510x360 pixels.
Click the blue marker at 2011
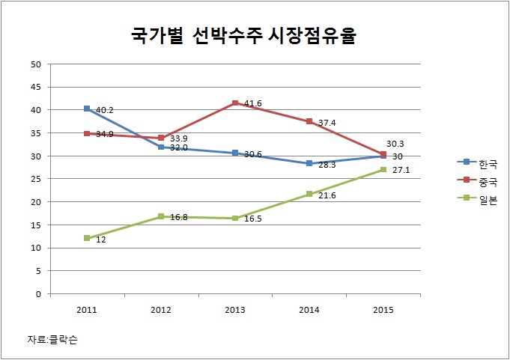tap(87, 109)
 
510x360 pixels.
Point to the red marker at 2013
tap(235, 103)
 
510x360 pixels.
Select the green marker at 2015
tap(383, 169)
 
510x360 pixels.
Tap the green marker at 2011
tap(87, 238)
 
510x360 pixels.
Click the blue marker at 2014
tap(309, 163)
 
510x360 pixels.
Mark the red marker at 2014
tap(309, 121)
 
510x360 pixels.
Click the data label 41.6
tap(252, 103)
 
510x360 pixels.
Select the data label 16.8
tap(179, 218)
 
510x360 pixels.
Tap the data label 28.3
tap(327, 164)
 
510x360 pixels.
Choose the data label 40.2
tap(103, 110)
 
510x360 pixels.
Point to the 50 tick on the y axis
tap(35, 64)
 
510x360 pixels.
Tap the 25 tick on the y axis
tap(35, 179)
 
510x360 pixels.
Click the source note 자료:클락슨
tap(52, 340)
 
